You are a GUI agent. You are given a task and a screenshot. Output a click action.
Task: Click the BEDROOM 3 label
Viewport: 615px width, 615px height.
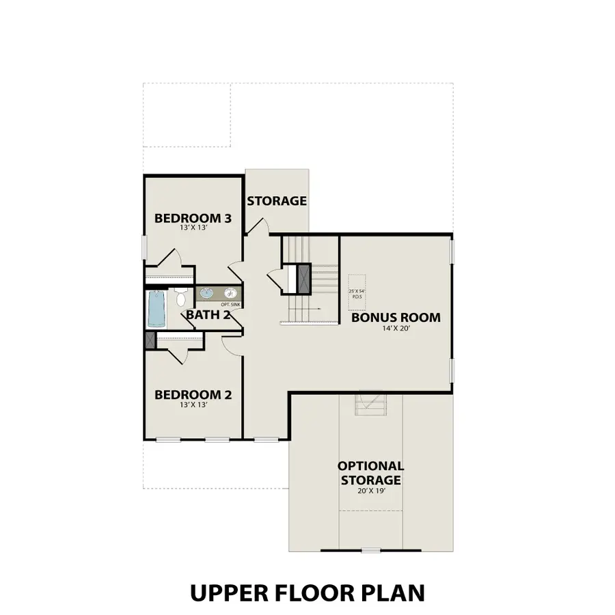(193, 219)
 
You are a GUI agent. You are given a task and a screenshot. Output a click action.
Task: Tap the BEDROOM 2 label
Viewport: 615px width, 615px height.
(193, 394)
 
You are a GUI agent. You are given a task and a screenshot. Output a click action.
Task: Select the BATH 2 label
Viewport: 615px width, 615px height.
(208, 315)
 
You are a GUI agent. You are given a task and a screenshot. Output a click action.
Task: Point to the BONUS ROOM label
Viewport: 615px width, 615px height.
(396, 318)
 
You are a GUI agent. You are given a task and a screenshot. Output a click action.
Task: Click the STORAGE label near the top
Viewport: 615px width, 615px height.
(277, 201)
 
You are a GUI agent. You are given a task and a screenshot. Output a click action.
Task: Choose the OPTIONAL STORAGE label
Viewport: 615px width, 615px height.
(370, 473)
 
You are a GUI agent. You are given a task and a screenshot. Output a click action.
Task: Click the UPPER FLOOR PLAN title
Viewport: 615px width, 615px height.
(307, 592)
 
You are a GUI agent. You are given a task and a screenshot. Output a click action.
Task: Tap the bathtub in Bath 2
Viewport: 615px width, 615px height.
(156, 310)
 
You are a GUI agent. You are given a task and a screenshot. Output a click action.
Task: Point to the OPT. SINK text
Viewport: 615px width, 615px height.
(230, 303)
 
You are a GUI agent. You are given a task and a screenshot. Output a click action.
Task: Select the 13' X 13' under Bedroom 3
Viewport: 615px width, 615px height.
(193, 230)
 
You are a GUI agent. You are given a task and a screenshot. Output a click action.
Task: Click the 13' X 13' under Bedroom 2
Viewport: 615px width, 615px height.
(193, 405)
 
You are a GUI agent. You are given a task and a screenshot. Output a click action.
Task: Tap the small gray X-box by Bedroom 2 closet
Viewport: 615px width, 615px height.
(150, 340)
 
